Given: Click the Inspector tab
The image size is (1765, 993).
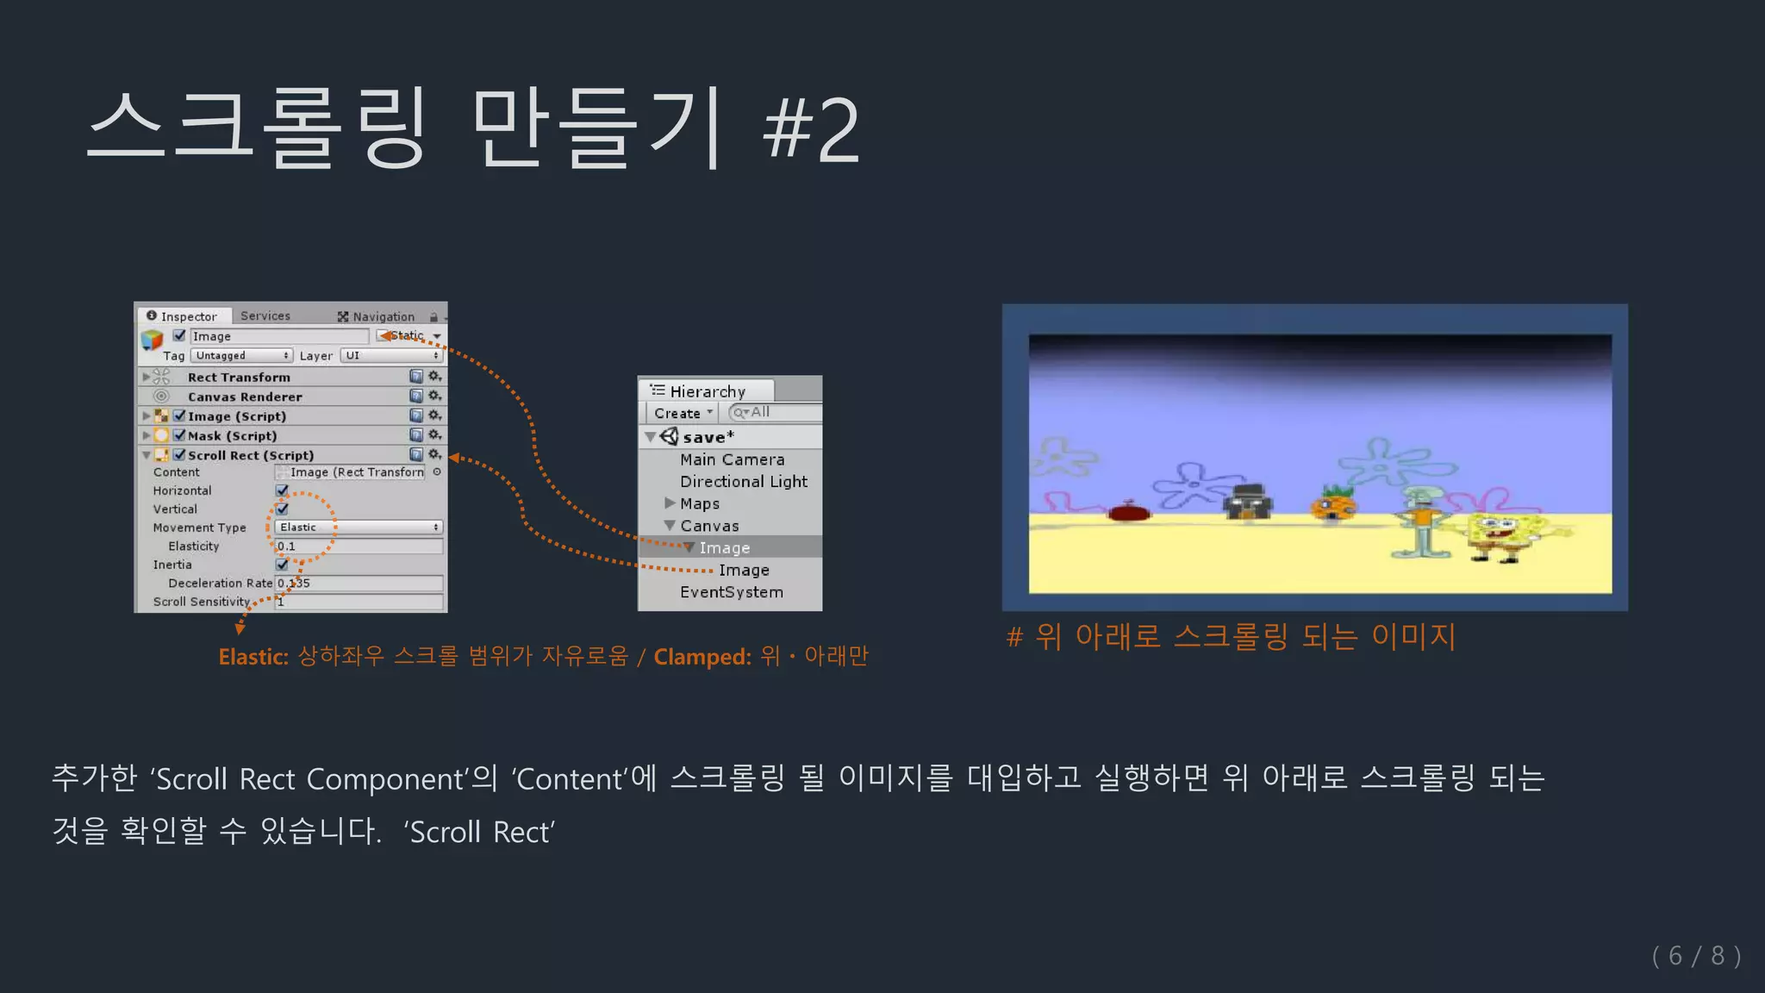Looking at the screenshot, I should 183,316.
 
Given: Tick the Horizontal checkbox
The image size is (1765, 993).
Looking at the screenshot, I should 282,490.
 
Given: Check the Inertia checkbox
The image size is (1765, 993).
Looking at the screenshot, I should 282,565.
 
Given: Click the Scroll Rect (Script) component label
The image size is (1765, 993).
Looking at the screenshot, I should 251,455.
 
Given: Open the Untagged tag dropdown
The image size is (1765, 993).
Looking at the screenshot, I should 241,355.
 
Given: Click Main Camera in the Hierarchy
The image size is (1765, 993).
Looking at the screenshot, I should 732,459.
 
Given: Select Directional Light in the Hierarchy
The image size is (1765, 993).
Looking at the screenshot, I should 744,482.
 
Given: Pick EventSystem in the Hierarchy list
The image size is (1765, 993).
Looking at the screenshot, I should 732,592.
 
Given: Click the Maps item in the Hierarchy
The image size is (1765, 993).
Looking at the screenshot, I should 700,503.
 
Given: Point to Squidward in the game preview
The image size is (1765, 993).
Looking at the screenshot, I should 1420,521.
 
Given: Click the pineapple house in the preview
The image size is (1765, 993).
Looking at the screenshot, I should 1333,504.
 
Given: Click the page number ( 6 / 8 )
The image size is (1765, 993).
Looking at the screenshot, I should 1696,956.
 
